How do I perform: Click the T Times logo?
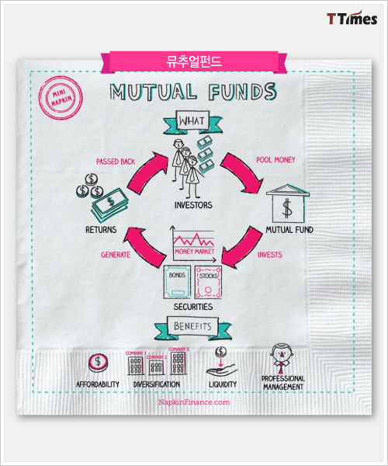click(352, 18)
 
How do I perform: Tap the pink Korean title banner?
click(194, 62)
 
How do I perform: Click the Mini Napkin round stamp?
click(61, 98)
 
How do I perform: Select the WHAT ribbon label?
click(192, 122)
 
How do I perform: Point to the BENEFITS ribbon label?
click(193, 327)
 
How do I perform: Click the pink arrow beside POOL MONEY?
click(242, 172)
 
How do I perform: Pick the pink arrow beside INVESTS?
click(243, 247)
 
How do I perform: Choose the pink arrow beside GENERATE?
click(145, 245)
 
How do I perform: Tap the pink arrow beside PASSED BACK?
click(147, 172)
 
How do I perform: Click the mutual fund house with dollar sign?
click(288, 203)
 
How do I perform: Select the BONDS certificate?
click(177, 282)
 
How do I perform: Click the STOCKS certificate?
click(208, 282)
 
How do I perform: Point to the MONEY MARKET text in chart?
click(194, 252)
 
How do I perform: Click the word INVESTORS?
click(193, 205)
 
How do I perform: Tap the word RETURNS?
click(101, 229)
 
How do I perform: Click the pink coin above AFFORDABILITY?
click(98, 363)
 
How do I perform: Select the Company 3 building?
click(178, 363)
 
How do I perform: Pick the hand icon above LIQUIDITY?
click(222, 370)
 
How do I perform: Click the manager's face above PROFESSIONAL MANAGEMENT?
click(282, 353)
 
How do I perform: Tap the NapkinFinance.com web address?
click(194, 402)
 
